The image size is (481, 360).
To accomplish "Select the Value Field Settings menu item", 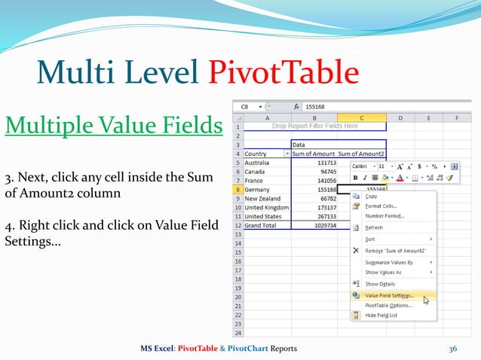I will tap(389, 296).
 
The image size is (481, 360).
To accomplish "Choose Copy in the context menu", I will tap(372, 196).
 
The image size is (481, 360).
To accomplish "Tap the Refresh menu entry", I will tap(374, 227).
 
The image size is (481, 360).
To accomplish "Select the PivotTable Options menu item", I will tap(388, 306).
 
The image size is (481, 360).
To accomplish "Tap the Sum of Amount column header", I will tap(313, 153).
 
